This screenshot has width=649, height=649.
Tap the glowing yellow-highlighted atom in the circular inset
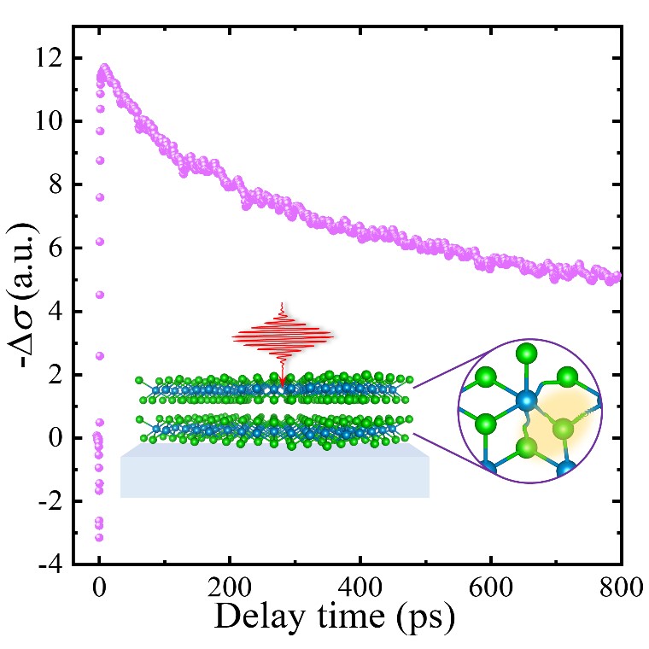click(x=563, y=430)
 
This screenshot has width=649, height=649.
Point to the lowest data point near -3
click(x=99, y=537)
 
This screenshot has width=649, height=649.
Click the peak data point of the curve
click(x=104, y=67)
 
